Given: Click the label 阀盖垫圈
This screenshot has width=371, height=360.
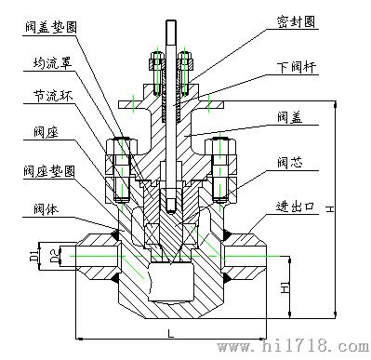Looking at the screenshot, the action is click(51, 27).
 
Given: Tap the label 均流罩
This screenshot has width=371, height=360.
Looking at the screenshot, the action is click(52, 63).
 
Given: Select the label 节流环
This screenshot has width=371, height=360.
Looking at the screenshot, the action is click(53, 96).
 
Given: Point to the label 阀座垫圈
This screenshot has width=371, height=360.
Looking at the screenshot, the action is click(49, 171).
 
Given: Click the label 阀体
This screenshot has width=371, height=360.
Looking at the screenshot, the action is click(46, 209).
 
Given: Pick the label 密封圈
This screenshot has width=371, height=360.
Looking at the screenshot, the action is click(297, 22).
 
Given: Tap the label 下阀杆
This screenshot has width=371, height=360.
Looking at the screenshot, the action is click(298, 67).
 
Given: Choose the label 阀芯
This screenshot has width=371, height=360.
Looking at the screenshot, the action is click(290, 163).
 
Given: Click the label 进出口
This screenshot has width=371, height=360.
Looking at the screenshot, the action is click(296, 207).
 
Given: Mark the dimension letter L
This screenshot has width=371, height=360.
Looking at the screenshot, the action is click(170, 333).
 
